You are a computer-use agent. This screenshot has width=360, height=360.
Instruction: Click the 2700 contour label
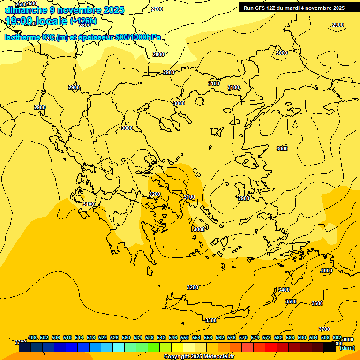click(x=157, y=9)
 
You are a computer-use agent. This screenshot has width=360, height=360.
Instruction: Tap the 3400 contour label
click(x=284, y=290)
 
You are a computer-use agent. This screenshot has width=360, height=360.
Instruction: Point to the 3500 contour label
click(x=291, y=301)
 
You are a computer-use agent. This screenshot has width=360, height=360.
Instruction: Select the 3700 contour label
click(x=324, y=329)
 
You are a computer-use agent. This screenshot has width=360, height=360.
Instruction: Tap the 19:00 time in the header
click(x=19, y=21)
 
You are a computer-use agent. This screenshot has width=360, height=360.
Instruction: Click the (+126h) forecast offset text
click(x=83, y=21)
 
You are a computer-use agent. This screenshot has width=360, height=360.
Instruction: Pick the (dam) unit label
click(x=347, y=348)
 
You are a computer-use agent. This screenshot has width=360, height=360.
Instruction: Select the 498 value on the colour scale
click(x=32, y=337)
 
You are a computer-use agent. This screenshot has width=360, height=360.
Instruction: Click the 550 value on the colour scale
click(x=185, y=337)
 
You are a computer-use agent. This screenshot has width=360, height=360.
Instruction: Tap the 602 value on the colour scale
click(x=337, y=337)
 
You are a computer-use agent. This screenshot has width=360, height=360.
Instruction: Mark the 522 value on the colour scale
click(x=103, y=337)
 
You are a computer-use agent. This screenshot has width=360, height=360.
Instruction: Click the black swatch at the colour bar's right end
click(x=330, y=348)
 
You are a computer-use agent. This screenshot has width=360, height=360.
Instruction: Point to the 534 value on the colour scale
click(x=138, y=337)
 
